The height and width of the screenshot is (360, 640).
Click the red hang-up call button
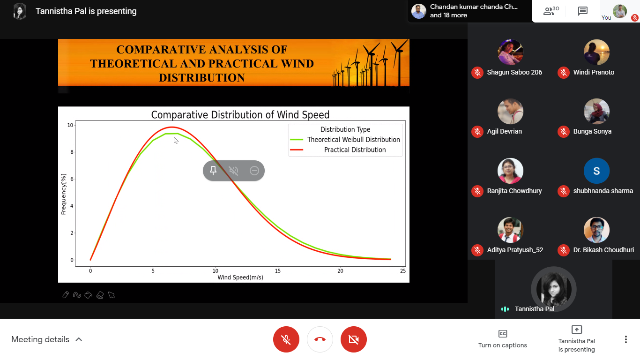tap(320, 339)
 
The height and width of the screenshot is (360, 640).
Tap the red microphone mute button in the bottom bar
tap(286, 339)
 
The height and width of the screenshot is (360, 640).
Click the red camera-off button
tap(353, 339)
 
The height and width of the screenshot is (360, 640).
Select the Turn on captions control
tap(503, 339)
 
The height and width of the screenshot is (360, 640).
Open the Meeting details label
tap(40, 339)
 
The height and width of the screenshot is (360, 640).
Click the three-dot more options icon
tap(626, 339)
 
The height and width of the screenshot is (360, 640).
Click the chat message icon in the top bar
tap(582, 11)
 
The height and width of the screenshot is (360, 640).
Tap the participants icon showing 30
tap(551, 11)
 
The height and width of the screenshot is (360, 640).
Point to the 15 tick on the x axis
tap(278, 271)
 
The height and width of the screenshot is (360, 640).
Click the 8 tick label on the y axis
tap(72, 152)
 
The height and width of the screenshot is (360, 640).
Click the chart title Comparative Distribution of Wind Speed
tap(240, 115)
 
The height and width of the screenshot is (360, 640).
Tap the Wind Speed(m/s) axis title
tap(240, 277)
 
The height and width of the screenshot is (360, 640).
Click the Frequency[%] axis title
tap(63, 194)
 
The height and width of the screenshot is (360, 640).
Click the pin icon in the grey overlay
tap(213, 171)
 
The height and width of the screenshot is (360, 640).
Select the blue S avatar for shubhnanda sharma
tap(596, 171)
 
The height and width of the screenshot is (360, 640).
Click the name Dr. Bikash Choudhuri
tap(603, 250)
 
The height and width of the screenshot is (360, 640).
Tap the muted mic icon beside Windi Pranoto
tap(564, 72)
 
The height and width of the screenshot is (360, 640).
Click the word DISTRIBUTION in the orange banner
tap(202, 77)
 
